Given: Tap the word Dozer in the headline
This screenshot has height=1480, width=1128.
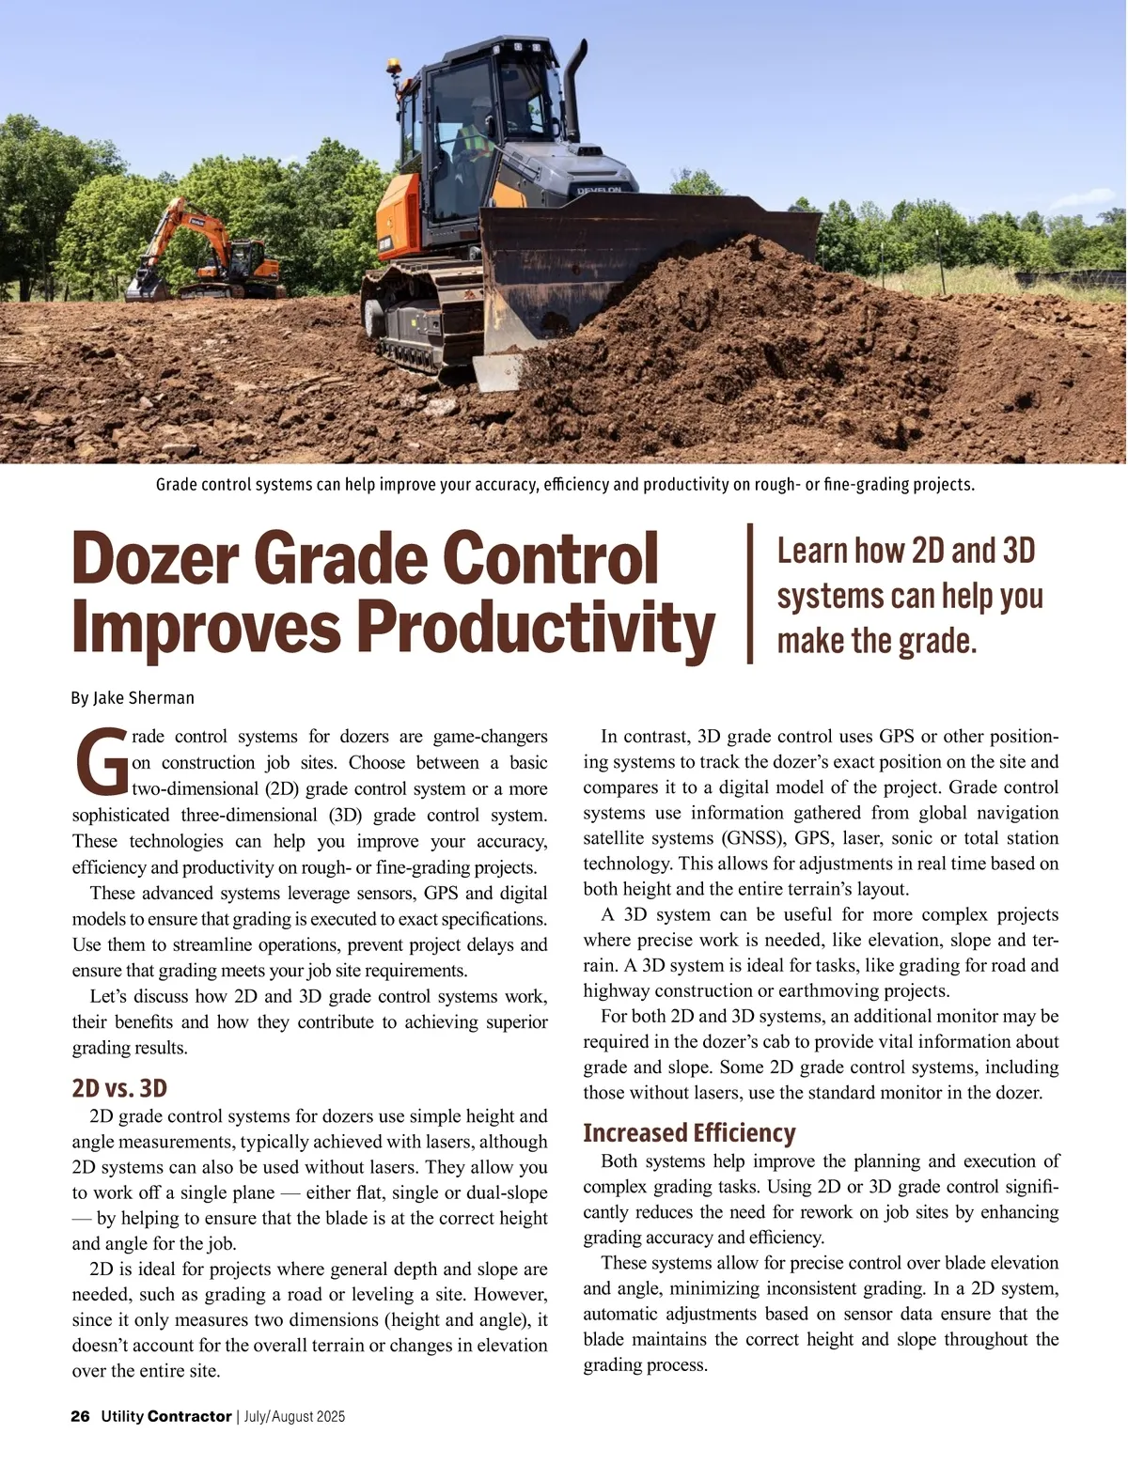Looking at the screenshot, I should pyautogui.click(x=155, y=559).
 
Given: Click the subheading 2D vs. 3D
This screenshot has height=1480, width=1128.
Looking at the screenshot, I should pyautogui.click(x=119, y=1088).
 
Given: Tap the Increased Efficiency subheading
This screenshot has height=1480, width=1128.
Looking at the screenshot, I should pyautogui.click(x=689, y=1132).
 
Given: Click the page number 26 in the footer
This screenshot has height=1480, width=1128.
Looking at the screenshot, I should pyautogui.click(x=80, y=1416).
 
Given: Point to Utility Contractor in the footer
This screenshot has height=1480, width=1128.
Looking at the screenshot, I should pyautogui.click(x=166, y=1416).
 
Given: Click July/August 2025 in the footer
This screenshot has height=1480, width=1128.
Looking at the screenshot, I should pyautogui.click(x=294, y=1416).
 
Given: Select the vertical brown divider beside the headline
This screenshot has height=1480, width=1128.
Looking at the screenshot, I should pyautogui.click(x=750, y=594).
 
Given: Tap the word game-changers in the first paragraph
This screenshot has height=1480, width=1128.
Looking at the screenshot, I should pyautogui.click(x=490, y=737).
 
